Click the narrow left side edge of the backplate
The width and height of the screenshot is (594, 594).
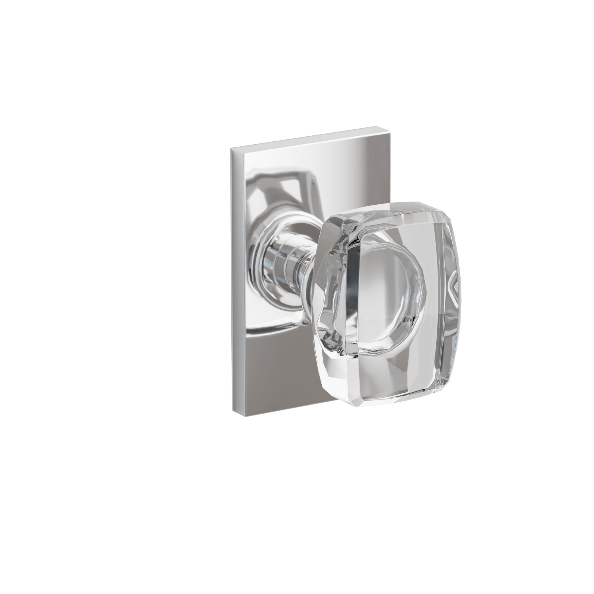[x=235, y=277]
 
